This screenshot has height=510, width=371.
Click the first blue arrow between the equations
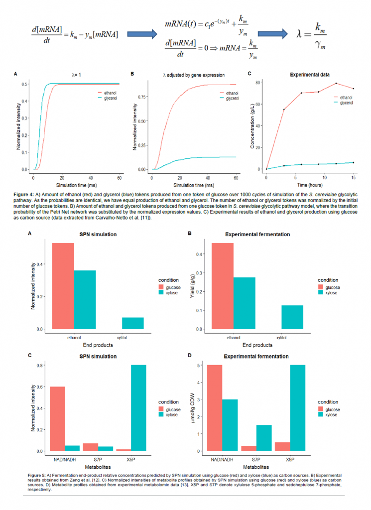(141, 34)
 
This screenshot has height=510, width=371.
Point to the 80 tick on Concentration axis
(259, 83)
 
